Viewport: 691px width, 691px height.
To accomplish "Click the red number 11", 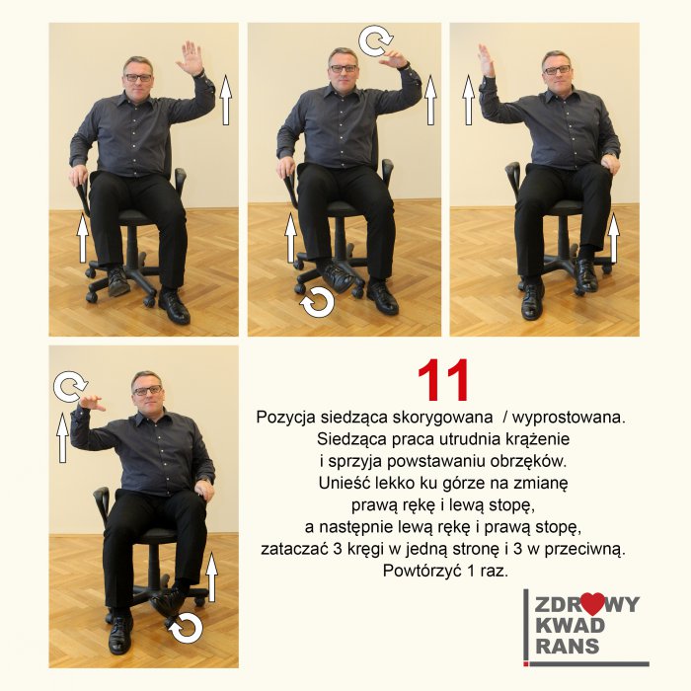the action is [443, 380].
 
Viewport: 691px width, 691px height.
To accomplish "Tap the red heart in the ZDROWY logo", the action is [592, 603].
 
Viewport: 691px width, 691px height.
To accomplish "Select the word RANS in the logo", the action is [568, 646].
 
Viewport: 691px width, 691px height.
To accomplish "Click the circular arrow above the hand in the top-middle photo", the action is [375, 40].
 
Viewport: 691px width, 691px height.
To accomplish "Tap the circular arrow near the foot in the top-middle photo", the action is [317, 302].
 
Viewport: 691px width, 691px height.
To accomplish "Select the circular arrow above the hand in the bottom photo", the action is [70, 387].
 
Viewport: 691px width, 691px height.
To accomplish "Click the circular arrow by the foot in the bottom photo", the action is [186, 628].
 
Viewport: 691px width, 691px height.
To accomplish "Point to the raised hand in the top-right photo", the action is [486, 61].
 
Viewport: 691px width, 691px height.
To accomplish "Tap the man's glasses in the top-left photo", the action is [138, 78].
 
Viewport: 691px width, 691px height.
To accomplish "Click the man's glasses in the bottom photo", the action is [147, 391].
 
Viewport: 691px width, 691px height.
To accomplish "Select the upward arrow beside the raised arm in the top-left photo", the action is [226, 100].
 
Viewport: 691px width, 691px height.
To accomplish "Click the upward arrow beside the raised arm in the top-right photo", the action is [469, 100].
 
